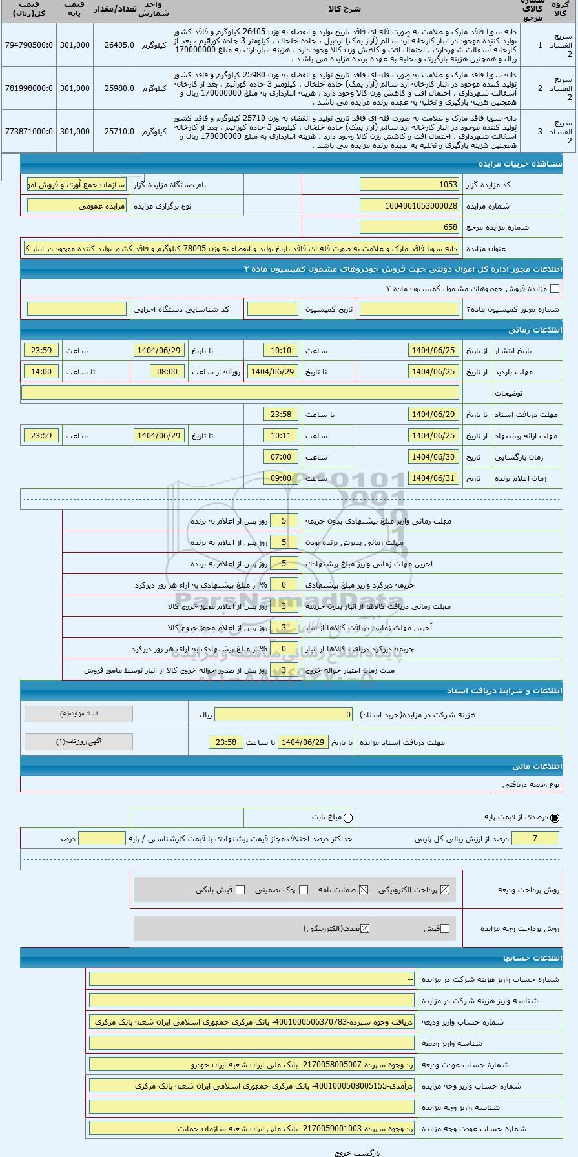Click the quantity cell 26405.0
point(116,45)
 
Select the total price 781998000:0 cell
point(28,88)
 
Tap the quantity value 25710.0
point(116,132)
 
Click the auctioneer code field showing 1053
point(409,185)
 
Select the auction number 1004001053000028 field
point(409,206)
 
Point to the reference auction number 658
point(409,227)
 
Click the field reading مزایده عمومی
point(77,206)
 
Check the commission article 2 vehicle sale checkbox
point(554,289)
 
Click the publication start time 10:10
point(281,351)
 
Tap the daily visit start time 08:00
point(167,372)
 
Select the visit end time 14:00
point(41,372)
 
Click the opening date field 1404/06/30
point(433,457)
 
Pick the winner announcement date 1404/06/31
point(433,478)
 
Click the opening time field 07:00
point(281,457)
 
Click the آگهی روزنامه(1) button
point(79,742)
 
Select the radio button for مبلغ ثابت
point(348,818)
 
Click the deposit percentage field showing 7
point(535,839)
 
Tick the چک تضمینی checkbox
point(304,890)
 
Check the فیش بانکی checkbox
point(240,890)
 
